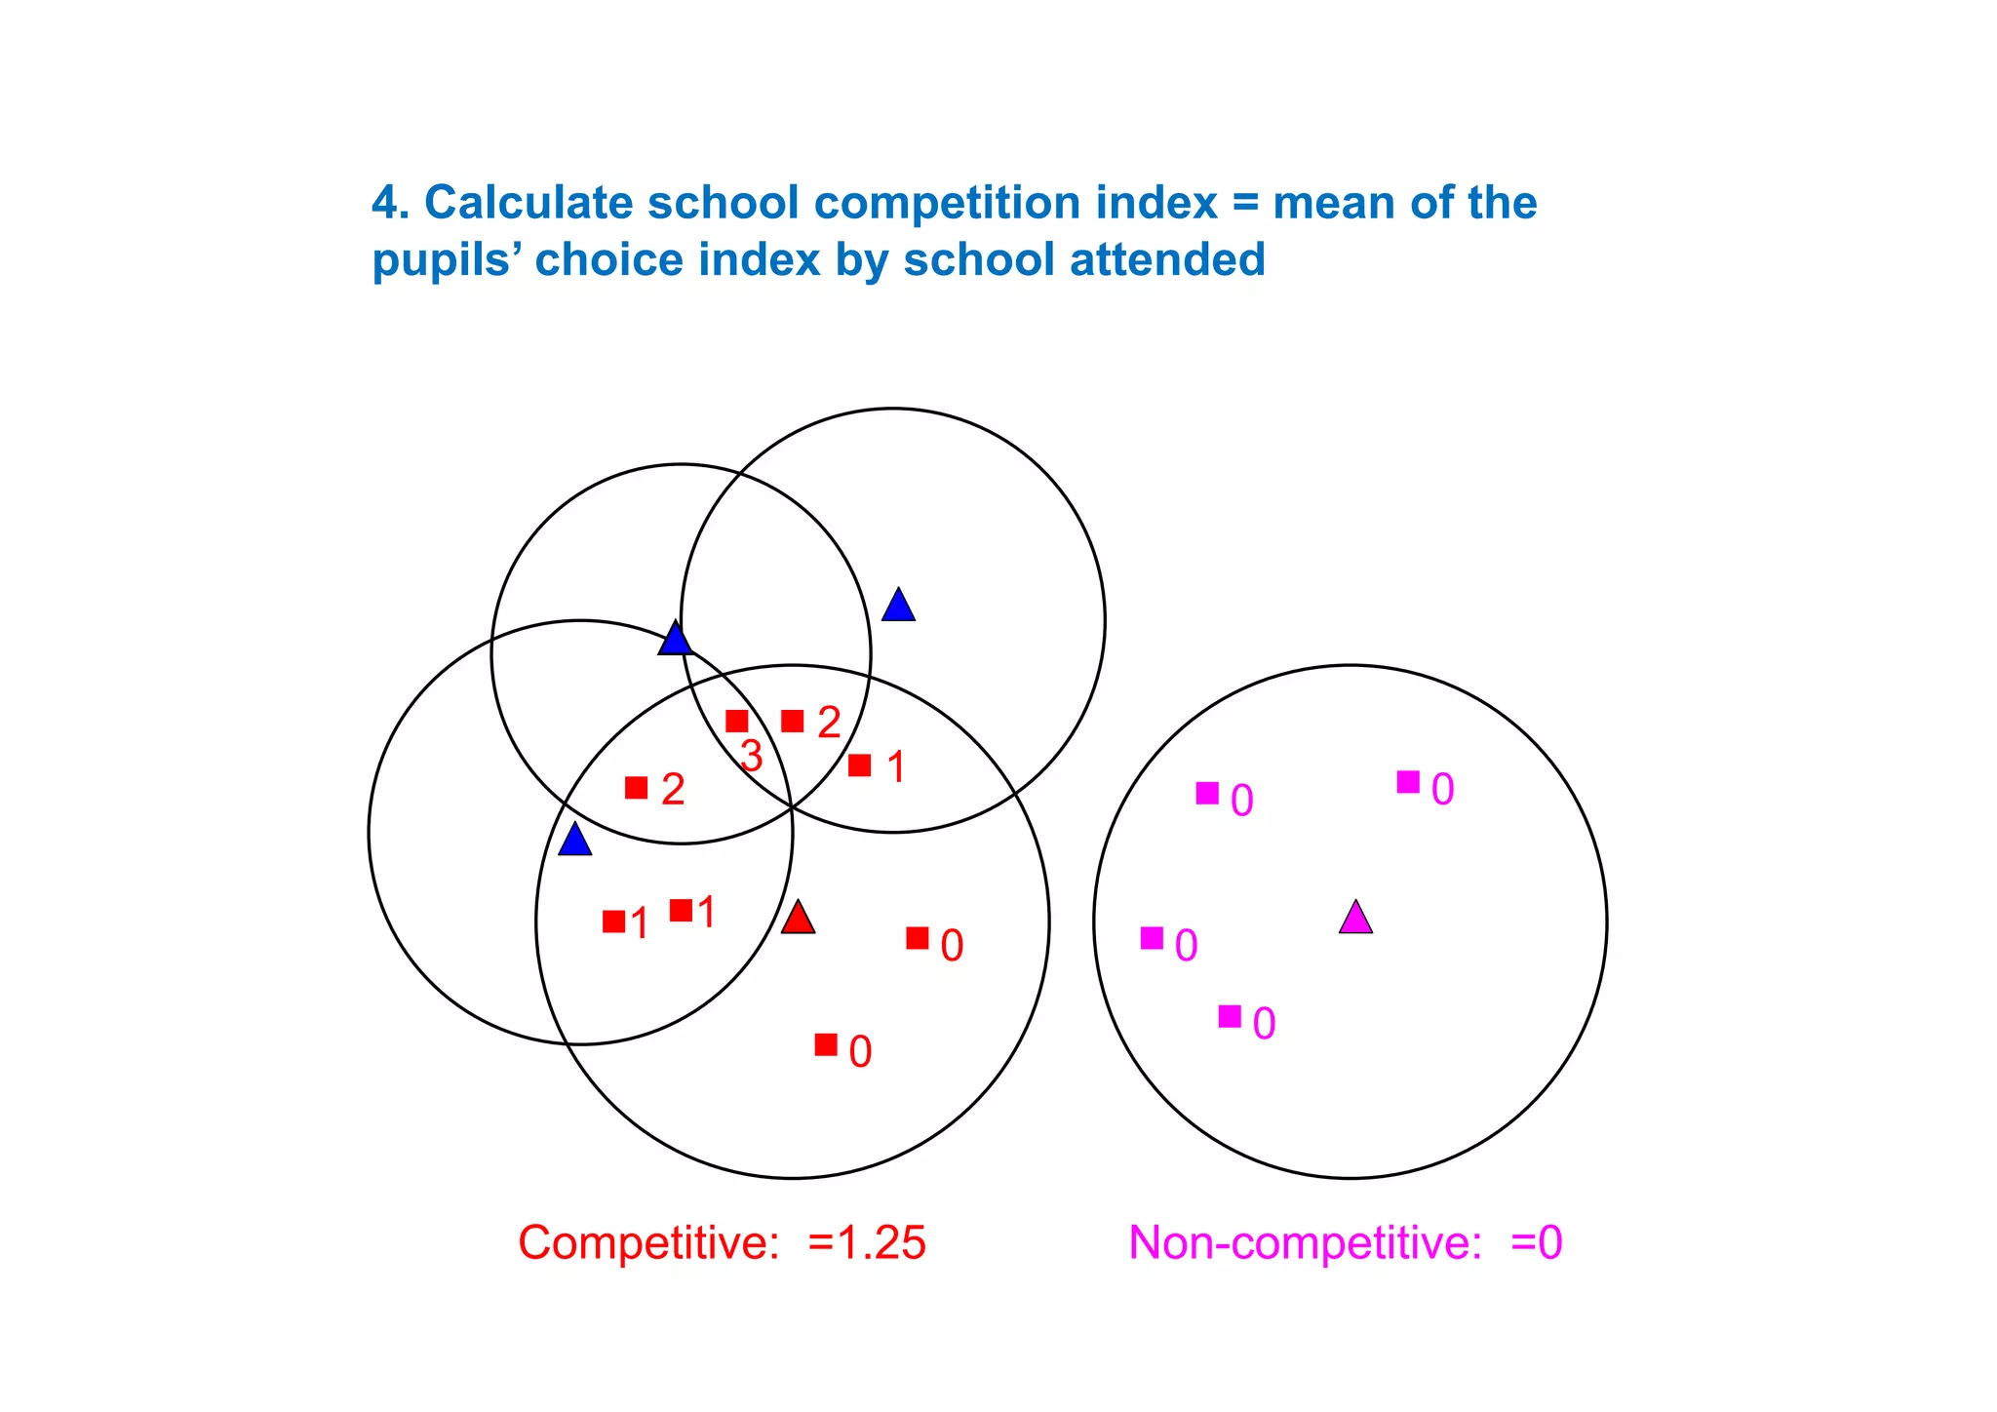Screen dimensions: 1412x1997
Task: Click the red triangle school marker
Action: [798, 919]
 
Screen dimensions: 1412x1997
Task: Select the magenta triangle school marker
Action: [1355, 919]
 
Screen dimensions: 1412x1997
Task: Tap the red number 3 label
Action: [751, 757]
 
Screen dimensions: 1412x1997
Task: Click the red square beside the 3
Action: [737, 722]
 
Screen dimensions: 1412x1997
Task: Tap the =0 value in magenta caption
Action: [1537, 1243]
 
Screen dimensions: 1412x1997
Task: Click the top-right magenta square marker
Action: [1408, 782]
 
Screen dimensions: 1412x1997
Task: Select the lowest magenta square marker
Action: [1230, 1017]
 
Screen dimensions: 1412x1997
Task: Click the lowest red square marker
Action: [826, 1045]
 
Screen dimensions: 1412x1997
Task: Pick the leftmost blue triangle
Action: [574, 840]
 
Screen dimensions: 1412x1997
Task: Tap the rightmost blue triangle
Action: [898, 606]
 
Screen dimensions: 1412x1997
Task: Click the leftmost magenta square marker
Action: [1152, 938]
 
